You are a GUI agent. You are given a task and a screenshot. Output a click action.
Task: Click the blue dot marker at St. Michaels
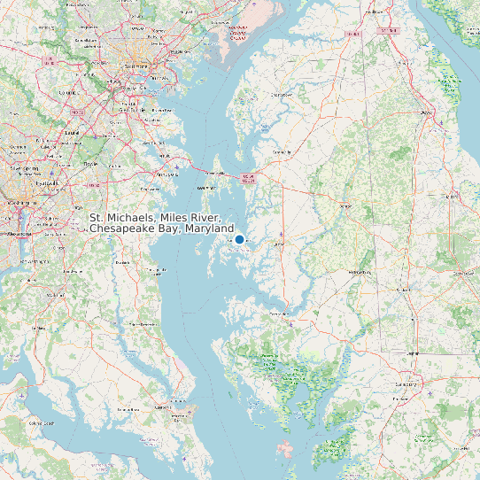pos(239,239)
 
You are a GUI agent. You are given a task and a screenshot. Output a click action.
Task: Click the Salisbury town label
pos(408,384)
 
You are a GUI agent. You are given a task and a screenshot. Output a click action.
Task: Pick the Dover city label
pos(426,112)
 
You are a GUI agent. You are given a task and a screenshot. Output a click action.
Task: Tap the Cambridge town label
pos(278,314)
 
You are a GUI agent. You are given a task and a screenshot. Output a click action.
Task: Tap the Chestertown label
pos(282,93)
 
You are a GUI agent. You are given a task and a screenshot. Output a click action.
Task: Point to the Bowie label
pos(90,164)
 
